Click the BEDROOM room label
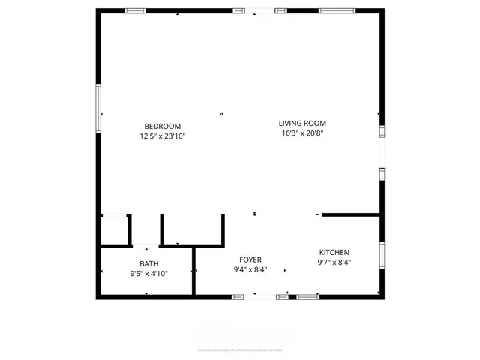tap(163, 126)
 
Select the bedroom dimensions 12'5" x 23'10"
tap(163, 136)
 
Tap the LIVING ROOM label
tap(302, 124)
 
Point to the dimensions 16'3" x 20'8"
tap(302, 134)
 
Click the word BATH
tap(148, 263)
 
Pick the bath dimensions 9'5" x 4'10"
tap(148, 274)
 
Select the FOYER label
tap(250, 259)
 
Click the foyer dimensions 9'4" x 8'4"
tap(250, 269)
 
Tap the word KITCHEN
tap(334, 252)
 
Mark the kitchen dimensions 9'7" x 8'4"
tap(334, 262)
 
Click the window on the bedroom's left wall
tap(98, 109)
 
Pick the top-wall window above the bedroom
tap(135, 11)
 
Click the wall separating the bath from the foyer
tap(194, 270)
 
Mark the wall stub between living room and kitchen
tap(351, 215)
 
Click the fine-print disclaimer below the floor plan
tap(240, 349)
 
